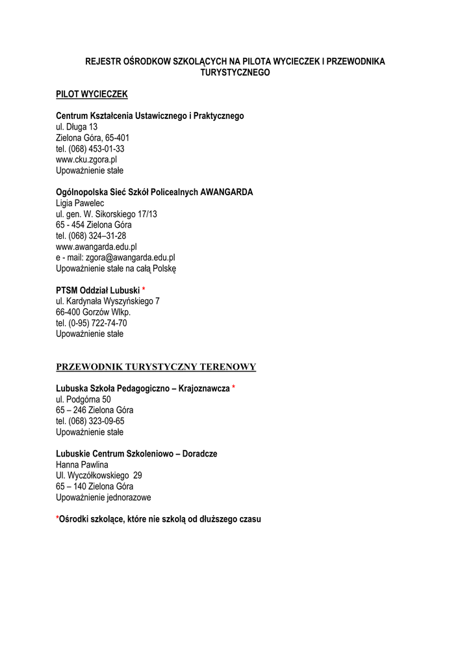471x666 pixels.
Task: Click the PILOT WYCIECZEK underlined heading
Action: (x=92, y=94)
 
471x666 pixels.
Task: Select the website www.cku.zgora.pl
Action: (x=86, y=159)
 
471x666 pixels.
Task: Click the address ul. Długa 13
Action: (x=77, y=127)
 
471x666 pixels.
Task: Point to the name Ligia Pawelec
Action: (x=81, y=203)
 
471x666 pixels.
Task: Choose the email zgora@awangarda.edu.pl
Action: (x=130, y=258)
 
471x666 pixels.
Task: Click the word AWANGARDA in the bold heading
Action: (x=227, y=192)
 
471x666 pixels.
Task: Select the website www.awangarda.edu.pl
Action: (x=96, y=246)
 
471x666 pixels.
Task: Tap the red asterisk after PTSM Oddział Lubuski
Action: (x=144, y=289)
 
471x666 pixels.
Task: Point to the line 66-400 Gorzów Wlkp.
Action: (x=93, y=312)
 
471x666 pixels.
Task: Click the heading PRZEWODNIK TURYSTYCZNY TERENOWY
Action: (x=156, y=367)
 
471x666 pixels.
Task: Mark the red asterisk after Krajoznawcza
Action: (x=233, y=388)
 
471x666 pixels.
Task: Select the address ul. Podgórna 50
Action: (x=83, y=399)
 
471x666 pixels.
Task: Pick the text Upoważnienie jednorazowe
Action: (x=103, y=497)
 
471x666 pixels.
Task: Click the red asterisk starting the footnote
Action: (x=57, y=519)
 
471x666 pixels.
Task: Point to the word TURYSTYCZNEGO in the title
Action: (x=235, y=73)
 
